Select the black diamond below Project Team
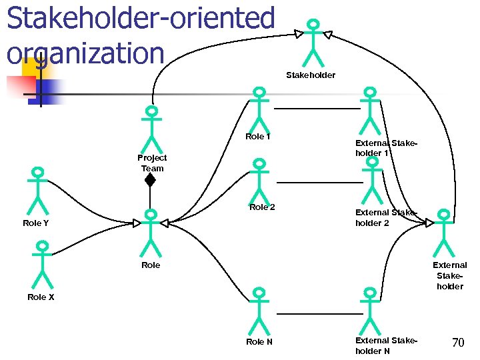[150, 180]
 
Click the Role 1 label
[258, 137]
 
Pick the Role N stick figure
[259, 309]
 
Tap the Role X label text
[41, 297]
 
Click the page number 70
[458, 343]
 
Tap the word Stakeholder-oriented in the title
[141, 18]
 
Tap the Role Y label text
[35, 223]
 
